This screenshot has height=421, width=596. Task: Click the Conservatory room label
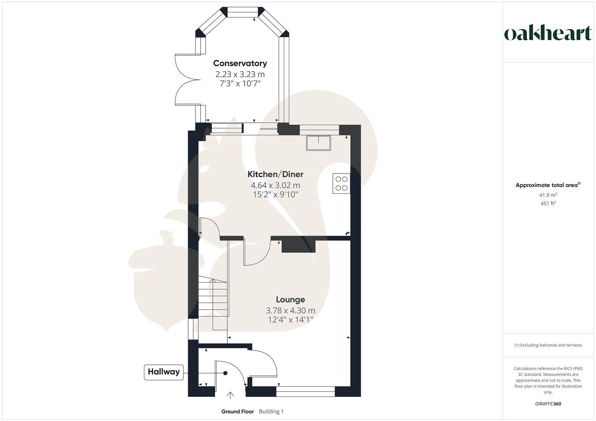240,63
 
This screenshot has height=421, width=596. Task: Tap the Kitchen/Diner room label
275,174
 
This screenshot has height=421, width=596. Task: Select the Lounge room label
290,300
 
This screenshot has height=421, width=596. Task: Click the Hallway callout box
164,372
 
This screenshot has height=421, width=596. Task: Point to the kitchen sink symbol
318,143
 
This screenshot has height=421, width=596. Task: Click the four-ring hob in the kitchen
341,184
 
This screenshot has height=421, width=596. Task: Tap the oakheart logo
548,34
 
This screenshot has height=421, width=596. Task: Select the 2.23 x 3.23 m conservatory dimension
240,74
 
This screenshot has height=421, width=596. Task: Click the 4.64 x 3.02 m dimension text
275,186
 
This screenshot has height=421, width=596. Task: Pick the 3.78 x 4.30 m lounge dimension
290,311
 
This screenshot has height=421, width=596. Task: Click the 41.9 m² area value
548,195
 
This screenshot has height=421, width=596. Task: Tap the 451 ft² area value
548,203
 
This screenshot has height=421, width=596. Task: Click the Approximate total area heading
548,185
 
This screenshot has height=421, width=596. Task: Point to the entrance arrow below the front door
230,396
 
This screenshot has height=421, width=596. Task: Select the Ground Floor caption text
237,412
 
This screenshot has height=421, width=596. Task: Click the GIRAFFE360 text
548,404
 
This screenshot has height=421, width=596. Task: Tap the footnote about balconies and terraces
548,345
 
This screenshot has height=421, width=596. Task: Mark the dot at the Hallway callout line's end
225,373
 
